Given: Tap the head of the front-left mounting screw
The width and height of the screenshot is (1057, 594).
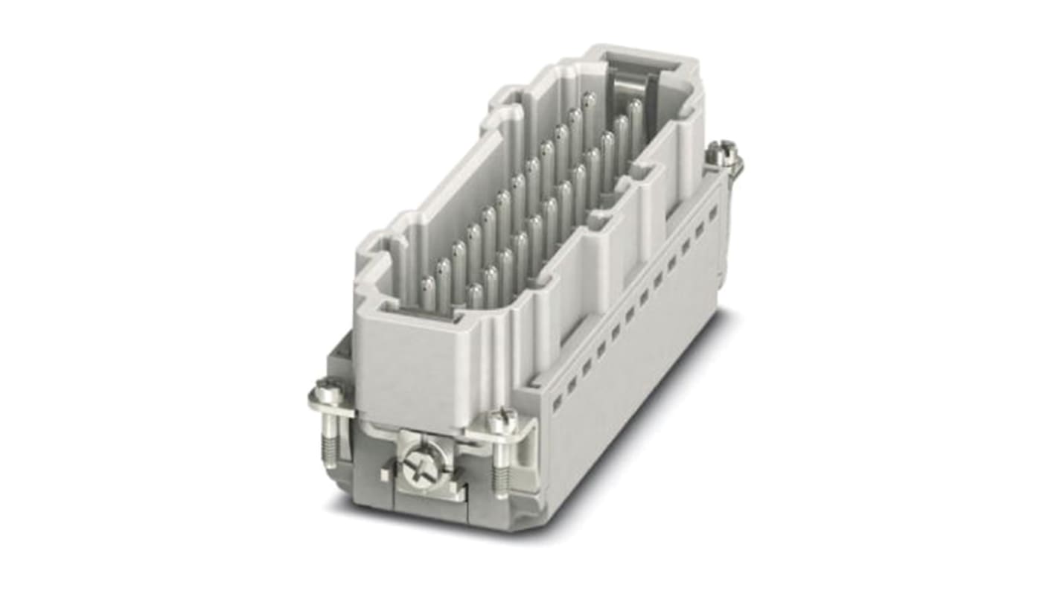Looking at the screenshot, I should [x=328, y=389].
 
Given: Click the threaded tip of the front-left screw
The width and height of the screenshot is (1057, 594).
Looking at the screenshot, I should [x=328, y=445].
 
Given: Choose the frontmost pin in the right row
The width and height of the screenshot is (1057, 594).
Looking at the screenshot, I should [x=474, y=295].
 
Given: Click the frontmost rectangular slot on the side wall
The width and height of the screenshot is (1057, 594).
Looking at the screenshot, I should [x=556, y=401].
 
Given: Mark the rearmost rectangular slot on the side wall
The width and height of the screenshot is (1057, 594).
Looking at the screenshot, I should [x=712, y=213].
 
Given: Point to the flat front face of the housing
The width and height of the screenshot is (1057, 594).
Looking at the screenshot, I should [x=417, y=372].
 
